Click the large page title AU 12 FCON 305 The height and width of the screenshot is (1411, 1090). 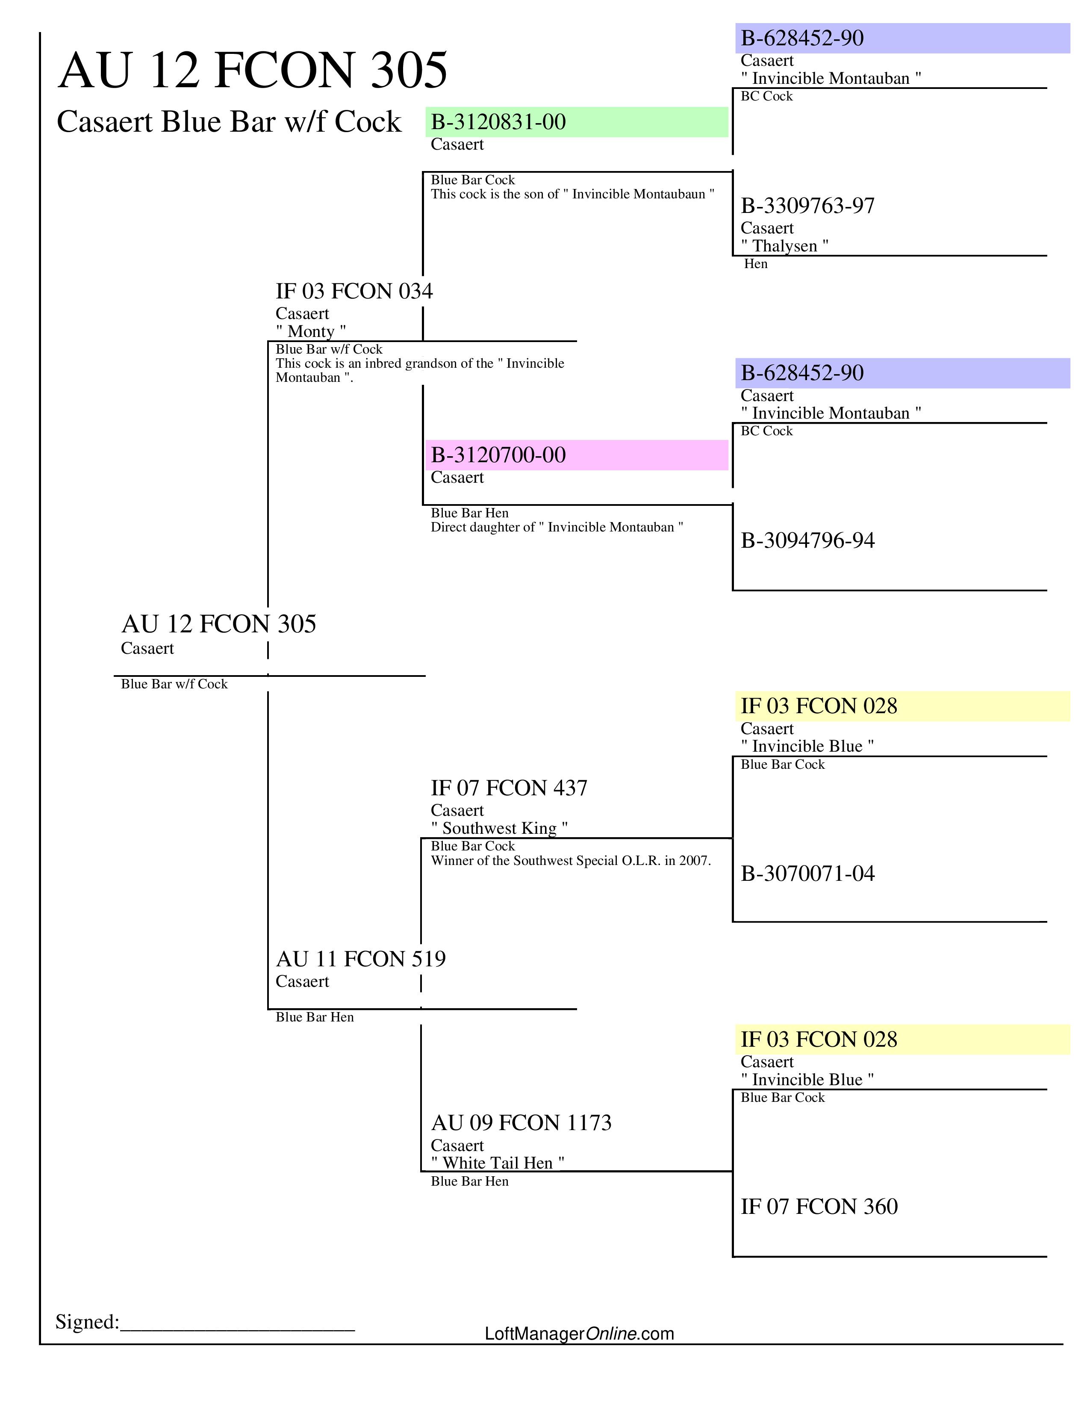(x=253, y=71)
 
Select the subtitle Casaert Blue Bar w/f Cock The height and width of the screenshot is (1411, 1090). (x=229, y=122)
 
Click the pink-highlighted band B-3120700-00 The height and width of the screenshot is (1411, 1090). (x=498, y=455)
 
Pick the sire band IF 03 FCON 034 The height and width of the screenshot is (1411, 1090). (x=354, y=291)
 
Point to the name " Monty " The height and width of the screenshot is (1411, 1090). (x=311, y=331)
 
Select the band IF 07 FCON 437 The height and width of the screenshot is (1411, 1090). (x=509, y=788)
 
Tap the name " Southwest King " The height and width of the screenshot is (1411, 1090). (x=499, y=828)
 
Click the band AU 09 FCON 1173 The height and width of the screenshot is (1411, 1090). (x=521, y=1123)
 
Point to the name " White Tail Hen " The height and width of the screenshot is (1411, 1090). (x=497, y=1163)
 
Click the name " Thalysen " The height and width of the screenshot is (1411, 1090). (x=784, y=246)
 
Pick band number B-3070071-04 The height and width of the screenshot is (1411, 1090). (x=807, y=874)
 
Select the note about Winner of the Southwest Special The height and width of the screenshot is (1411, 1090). (x=571, y=861)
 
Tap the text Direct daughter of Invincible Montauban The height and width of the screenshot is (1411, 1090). (x=557, y=527)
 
